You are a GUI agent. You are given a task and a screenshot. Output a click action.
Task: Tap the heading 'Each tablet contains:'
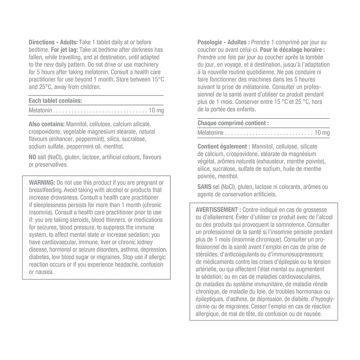[x=55, y=101]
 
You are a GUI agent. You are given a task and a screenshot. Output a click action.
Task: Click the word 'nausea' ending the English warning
[x=44, y=272]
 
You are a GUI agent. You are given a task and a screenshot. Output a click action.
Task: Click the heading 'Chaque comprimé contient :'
[x=233, y=123]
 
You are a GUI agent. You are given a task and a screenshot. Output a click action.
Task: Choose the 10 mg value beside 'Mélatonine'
[x=322, y=133]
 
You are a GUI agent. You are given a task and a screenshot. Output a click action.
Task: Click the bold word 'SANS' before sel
[x=205, y=186]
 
